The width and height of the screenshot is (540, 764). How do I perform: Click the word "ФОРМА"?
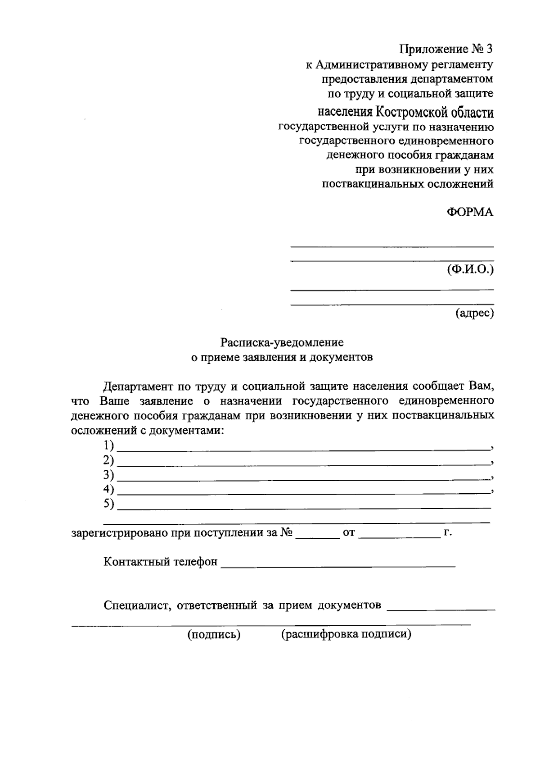(469, 212)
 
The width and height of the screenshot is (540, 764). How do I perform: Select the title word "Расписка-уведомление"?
(282, 342)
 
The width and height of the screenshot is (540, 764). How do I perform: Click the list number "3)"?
(108, 475)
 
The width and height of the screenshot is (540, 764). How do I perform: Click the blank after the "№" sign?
(318, 536)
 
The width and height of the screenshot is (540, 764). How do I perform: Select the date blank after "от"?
(400, 536)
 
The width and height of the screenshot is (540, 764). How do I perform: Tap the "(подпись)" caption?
(214, 635)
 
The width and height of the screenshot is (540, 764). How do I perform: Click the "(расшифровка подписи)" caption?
(346, 635)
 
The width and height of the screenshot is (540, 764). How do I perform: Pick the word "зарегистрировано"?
(120, 533)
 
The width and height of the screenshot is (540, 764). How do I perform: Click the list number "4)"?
(108, 489)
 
